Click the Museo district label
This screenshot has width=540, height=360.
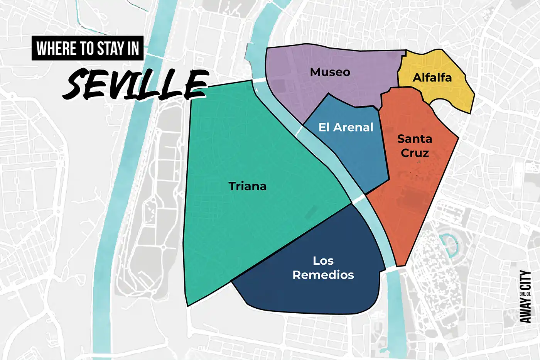pos(330,72)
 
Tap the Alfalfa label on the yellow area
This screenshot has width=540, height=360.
pos(432,78)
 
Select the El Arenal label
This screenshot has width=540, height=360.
pos(346,127)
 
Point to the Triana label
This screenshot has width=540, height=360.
pos(247,186)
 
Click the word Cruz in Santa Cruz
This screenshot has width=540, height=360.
pos(415,153)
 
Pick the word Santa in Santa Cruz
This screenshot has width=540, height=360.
pos(415,139)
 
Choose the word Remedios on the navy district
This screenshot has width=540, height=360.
pos(323,275)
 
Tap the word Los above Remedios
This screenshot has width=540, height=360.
pos(323,261)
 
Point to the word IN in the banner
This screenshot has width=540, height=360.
pos(133,49)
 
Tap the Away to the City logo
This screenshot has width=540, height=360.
pos(525,296)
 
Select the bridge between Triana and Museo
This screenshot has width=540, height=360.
pos(260,80)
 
